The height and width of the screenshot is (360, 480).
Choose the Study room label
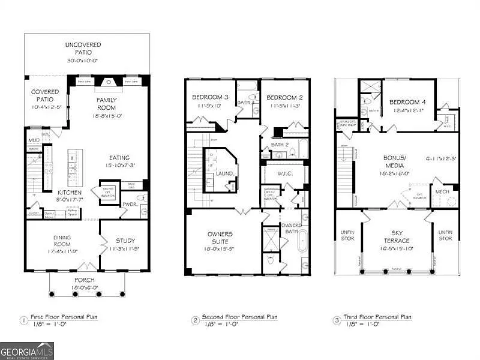click(124, 241)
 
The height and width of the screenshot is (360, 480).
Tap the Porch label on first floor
click(84, 280)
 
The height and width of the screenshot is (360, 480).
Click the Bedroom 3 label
click(210, 98)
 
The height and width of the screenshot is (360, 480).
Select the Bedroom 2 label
click(283, 98)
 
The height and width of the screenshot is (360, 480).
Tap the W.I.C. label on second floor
click(284, 174)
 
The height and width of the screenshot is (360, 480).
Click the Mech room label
click(442, 192)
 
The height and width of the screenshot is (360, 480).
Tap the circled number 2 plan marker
click(195, 320)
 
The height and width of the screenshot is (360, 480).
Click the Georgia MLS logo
click(27, 350)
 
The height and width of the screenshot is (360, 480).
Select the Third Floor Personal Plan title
click(378, 317)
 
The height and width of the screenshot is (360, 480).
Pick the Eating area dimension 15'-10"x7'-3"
click(119, 165)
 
